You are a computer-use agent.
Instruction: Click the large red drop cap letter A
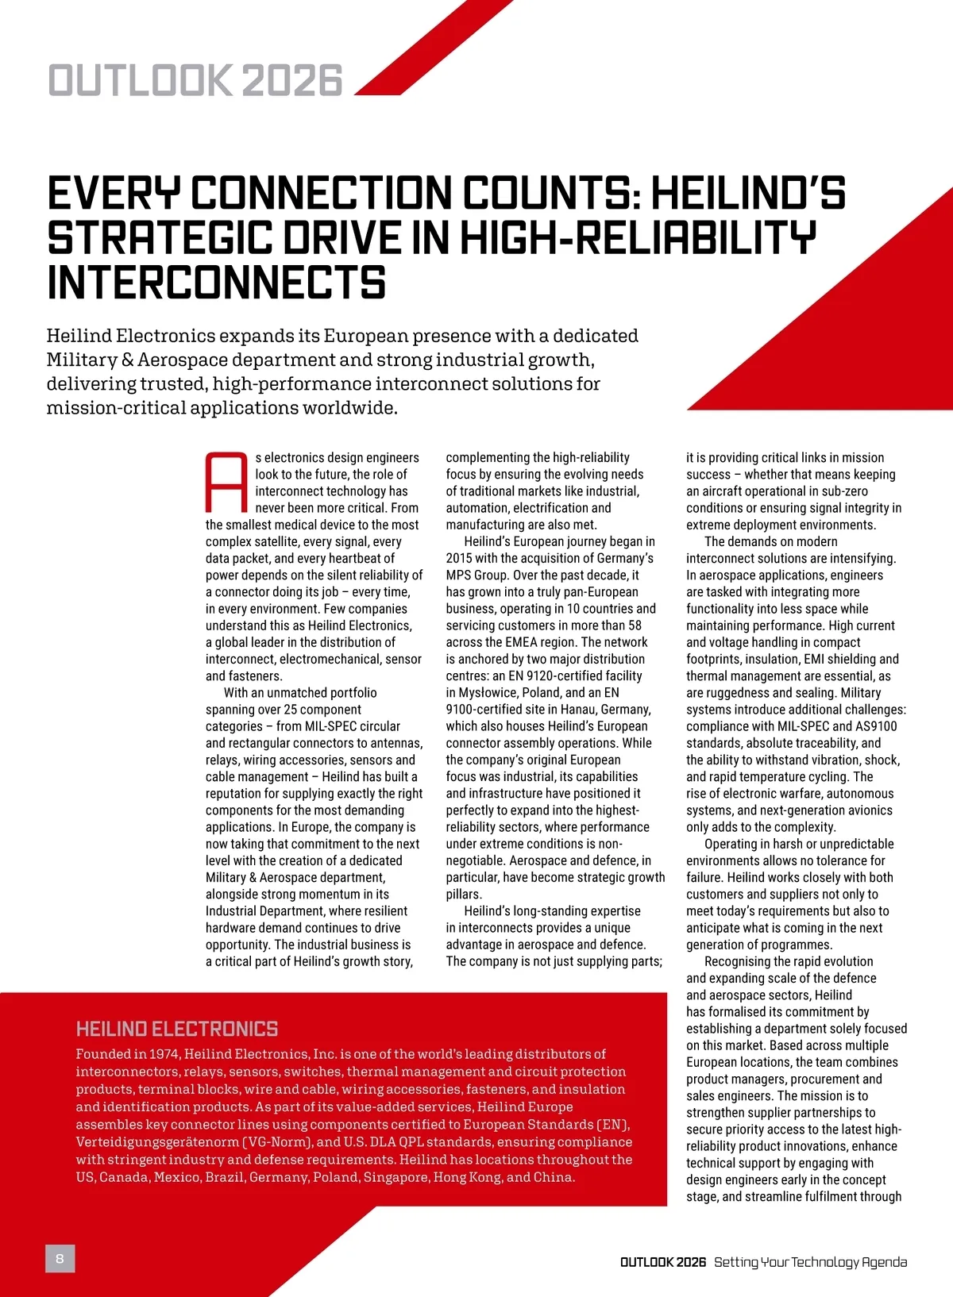tap(227, 482)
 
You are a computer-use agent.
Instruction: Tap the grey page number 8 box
tap(60, 1258)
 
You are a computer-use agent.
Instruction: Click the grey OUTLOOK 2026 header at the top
tap(195, 81)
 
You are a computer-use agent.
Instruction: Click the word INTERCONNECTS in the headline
tap(216, 283)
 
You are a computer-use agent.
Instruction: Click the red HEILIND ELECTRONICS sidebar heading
tap(177, 1030)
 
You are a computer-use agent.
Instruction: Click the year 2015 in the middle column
tap(459, 558)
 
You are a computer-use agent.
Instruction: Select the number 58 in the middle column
tap(635, 625)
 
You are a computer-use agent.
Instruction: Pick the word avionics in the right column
tap(868, 810)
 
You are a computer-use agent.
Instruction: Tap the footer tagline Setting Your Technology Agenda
tap(810, 1262)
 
